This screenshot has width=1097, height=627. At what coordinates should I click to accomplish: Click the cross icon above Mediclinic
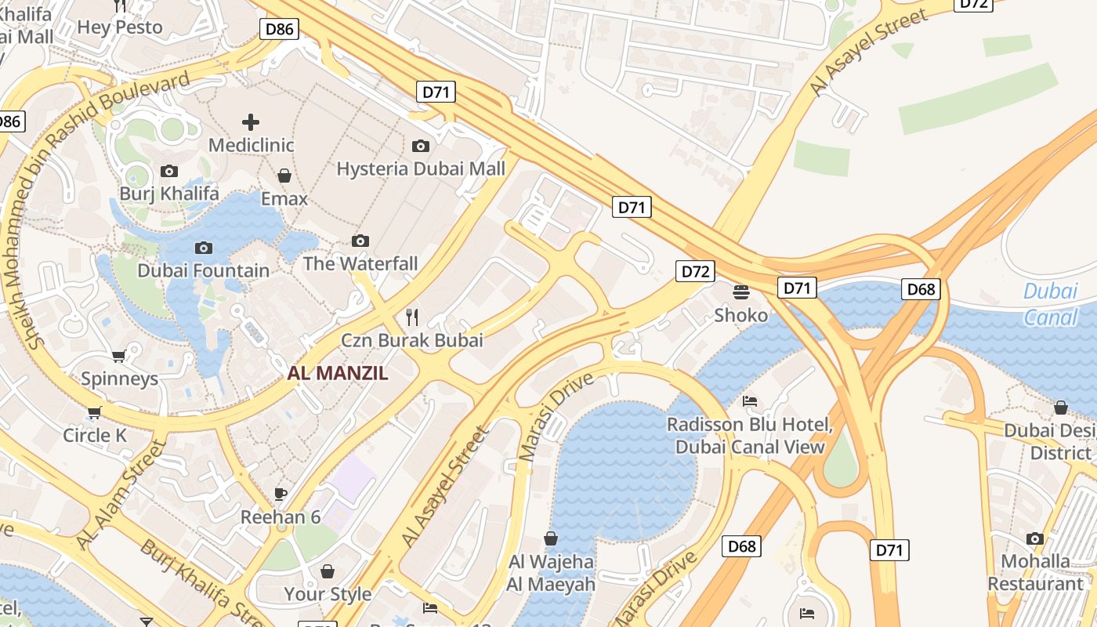click(251, 122)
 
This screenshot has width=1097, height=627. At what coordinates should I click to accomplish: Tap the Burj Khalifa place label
click(169, 193)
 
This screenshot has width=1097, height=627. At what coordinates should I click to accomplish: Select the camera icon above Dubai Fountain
click(204, 248)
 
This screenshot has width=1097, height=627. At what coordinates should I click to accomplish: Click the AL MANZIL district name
click(338, 373)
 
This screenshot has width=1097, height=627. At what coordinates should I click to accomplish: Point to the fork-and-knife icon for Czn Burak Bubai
click(412, 317)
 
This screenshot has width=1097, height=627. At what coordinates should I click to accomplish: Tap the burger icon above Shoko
click(741, 292)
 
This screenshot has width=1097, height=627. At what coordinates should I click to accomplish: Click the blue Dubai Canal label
click(1051, 304)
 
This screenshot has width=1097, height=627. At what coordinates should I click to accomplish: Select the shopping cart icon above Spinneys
click(119, 357)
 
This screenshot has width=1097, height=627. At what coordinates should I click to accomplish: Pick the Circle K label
click(95, 435)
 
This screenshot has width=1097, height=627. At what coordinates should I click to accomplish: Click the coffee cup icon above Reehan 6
click(281, 494)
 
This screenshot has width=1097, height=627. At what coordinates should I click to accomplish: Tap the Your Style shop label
click(328, 594)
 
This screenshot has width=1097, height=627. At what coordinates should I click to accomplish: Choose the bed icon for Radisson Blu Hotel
click(750, 401)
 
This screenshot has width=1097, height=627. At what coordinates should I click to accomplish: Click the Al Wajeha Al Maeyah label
click(551, 573)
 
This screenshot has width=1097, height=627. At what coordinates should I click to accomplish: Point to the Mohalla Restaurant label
click(1035, 572)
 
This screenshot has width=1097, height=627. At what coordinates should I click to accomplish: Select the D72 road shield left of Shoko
click(695, 271)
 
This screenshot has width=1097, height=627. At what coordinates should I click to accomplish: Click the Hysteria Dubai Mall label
click(421, 169)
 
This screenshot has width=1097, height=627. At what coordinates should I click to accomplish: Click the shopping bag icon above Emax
click(284, 176)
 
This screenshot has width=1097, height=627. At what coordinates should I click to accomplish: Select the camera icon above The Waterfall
click(360, 241)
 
